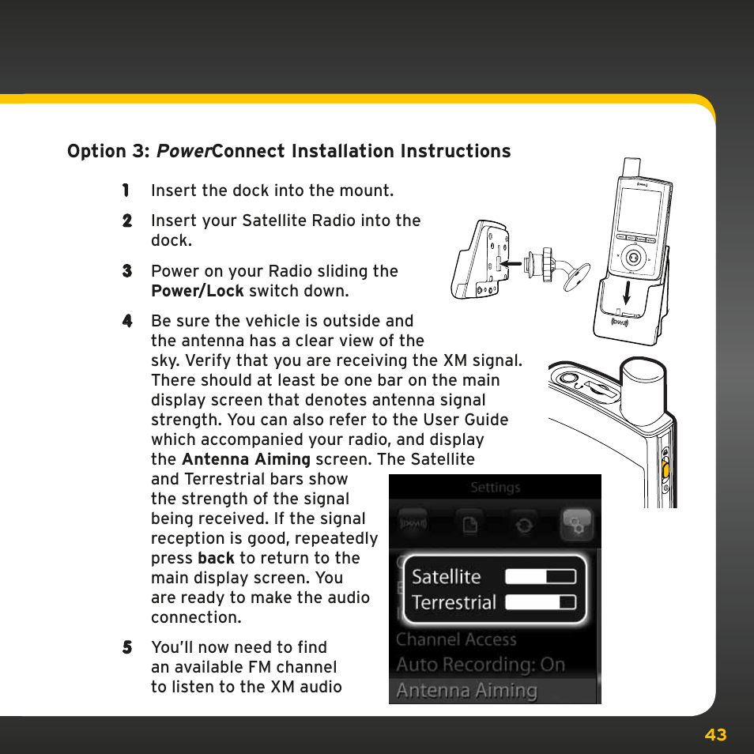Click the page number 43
715,735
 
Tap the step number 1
126,190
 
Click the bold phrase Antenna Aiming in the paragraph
246,459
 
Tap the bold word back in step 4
216,558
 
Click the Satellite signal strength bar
541,576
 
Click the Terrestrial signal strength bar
541,602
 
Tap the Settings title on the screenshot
495,488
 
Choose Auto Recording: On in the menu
481,665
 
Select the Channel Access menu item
456,639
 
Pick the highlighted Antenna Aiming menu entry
466,691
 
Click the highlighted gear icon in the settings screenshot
575,522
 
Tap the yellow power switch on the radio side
665,471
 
